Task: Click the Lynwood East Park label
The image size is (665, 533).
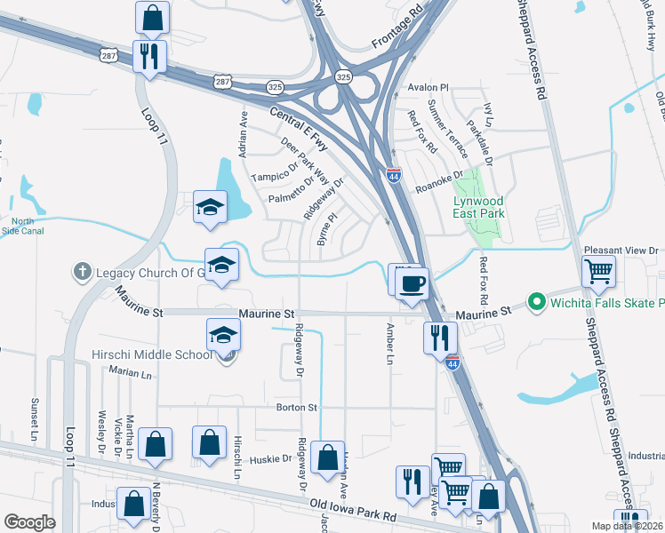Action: pyautogui.click(x=479, y=207)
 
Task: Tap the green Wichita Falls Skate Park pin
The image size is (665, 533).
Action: pyautogui.click(x=535, y=303)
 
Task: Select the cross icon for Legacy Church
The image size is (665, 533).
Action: pyautogui.click(x=83, y=272)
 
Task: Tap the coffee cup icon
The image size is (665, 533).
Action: pyautogui.click(x=412, y=284)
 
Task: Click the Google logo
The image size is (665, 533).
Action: pyautogui.click(x=30, y=522)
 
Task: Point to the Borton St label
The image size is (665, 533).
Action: pyautogui.click(x=300, y=408)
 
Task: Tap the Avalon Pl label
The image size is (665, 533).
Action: pyautogui.click(x=429, y=89)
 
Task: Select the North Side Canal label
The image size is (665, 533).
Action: pyautogui.click(x=23, y=227)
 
